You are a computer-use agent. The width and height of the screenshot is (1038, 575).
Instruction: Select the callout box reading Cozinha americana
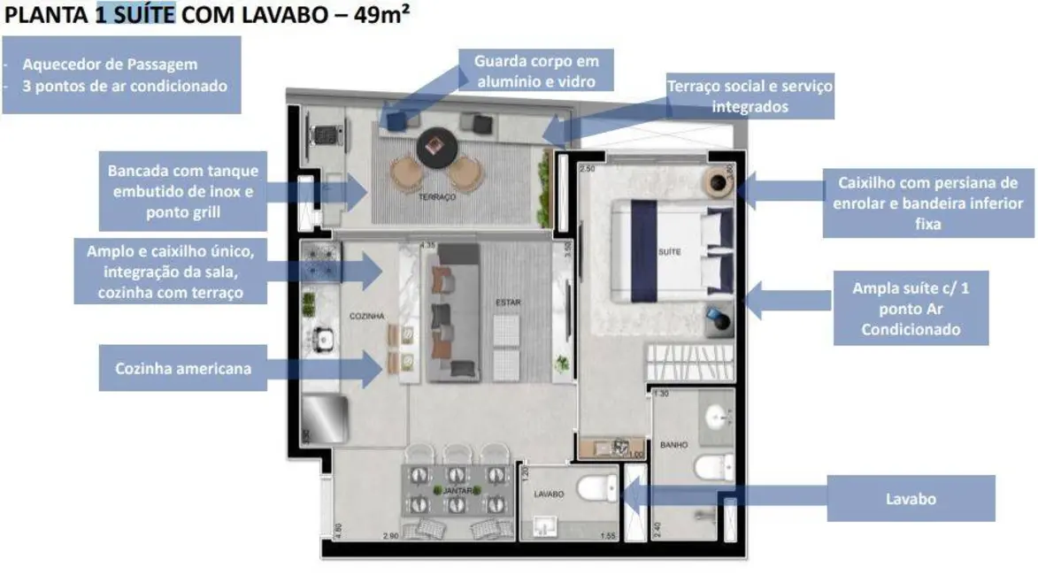pos(182,368)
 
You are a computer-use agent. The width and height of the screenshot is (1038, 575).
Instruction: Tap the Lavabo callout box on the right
pos(911,499)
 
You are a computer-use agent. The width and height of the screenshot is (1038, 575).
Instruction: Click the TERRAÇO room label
pos(438,198)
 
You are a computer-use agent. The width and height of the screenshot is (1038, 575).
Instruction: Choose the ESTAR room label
pos(508,303)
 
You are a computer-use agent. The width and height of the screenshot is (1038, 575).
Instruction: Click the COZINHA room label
pos(365,314)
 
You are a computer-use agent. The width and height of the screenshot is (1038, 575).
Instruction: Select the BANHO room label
pos(673,445)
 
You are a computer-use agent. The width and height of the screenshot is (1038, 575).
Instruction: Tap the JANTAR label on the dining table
pos(457,489)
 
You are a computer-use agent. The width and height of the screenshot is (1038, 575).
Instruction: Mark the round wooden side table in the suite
pos(716,182)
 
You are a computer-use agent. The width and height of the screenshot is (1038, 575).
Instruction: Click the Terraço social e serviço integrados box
pos(750,96)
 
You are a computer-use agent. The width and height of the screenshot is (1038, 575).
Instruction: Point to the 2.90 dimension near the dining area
pos(391,536)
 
